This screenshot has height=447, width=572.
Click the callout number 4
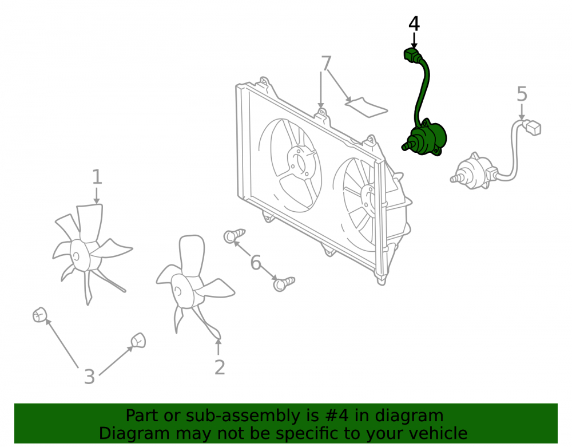414,23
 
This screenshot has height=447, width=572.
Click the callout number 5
522,94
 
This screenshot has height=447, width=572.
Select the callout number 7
326,63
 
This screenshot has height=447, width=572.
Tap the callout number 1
97,177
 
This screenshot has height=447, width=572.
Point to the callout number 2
219,367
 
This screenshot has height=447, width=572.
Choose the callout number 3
89,377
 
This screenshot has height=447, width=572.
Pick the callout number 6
256,263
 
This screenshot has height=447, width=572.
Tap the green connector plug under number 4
411,54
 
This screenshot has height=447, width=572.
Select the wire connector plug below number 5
533,127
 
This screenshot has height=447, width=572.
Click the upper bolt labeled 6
234,236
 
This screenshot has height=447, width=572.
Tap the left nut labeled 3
39,315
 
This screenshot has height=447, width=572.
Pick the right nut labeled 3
138,341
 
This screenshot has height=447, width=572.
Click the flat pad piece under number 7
366,107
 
